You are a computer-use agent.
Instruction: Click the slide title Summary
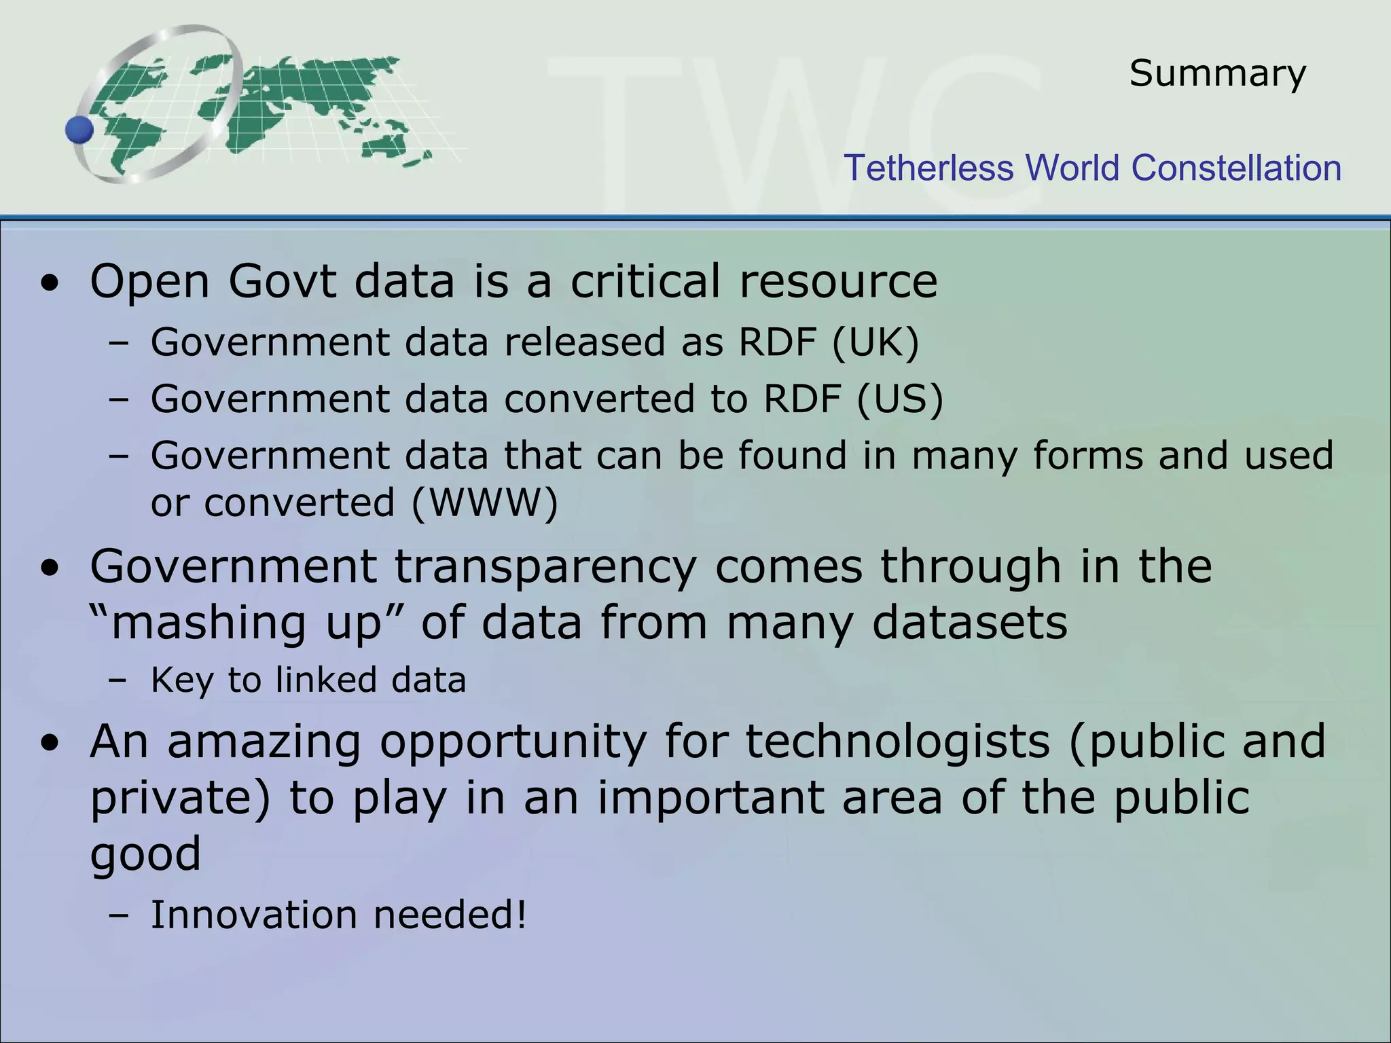click(x=1217, y=73)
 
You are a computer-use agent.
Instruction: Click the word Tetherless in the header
click(x=928, y=168)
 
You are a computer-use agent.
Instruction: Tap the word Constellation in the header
click(x=1236, y=168)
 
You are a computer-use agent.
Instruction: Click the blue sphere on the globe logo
click(x=79, y=130)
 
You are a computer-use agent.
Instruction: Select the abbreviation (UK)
click(x=875, y=342)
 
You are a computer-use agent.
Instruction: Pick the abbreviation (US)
click(x=900, y=399)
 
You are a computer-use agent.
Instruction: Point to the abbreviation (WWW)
click(x=484, y=503)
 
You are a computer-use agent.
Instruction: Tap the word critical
click(x=645, y=281)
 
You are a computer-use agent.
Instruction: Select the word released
click(x=585, y=342)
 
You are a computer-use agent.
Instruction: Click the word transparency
click(x=545, y=566)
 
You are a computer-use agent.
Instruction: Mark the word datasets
click(x=969, y=623)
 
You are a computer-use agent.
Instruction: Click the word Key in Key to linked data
click(x=181, y=680)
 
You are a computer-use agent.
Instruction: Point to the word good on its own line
click(x=145, y=854)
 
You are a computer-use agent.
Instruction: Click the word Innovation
click(x=253, y=915)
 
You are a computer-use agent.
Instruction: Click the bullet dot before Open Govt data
click(x=50, y=283)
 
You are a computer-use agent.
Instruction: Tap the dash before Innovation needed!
click(x=118, y=916)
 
